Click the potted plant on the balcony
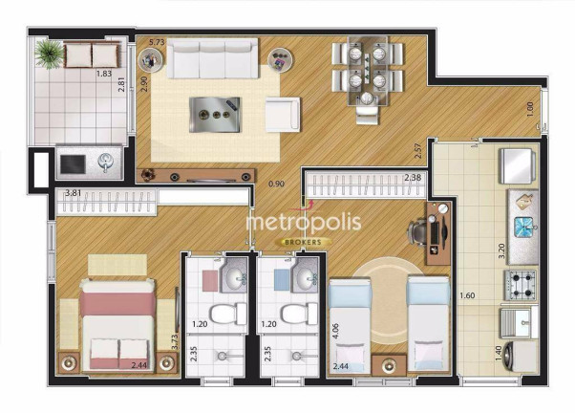pos(49,54)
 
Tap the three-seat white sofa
pos(213,59)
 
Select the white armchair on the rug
pos(283,114)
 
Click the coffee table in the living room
pos(215,115)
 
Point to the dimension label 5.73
pos(157,42)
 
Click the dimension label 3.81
pos(73,193)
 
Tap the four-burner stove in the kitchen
pos(520,285)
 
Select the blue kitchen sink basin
pos(524,227)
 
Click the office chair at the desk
pos(418,232)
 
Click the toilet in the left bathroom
pos(228,314)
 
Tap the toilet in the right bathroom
pos(300,314)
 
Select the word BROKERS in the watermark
pos(304,242)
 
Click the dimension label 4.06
pos(336,331)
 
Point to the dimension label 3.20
pos(502,251)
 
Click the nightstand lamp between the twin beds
pos(389,365)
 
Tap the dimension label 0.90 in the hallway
pos(276,184)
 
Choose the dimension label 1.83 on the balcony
pos(104,74)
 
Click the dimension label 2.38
pos(413,178)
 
